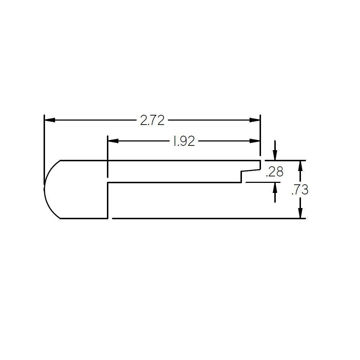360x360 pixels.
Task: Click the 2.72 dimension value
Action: [152, 120]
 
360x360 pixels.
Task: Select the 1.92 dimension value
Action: [184, 141]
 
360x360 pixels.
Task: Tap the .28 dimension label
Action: [274, 172]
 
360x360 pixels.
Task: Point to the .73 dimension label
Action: [300, 190]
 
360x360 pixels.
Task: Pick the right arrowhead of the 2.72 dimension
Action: [255, 120]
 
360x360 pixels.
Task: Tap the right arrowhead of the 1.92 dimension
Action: [255, 141]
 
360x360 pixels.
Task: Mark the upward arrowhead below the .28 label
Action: [275, 187]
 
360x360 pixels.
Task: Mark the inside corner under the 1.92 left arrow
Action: [108, 183]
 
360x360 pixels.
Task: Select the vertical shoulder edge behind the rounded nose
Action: [108, 200]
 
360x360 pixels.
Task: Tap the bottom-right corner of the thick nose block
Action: [108, 218]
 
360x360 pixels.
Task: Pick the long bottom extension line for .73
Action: [209, 218]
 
